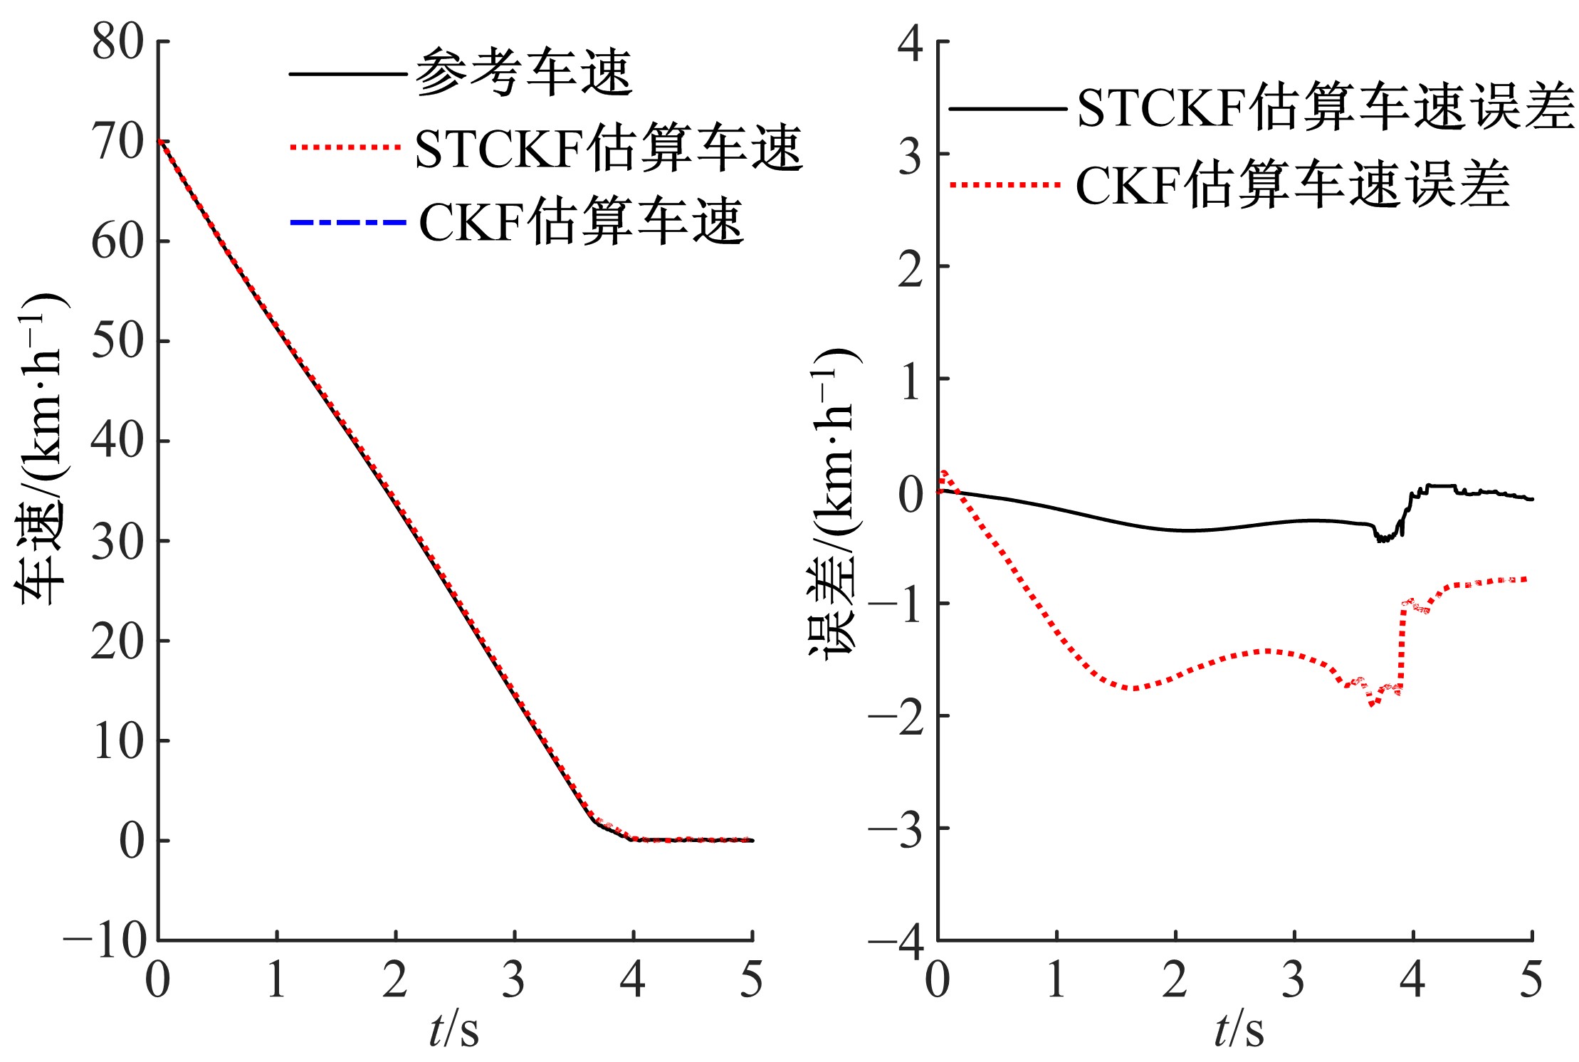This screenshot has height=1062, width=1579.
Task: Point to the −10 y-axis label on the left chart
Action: click(105, 940)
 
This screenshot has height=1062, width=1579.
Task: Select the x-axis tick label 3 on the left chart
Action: click(513, 979)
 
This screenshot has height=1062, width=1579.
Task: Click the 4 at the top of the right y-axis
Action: click(911, 43)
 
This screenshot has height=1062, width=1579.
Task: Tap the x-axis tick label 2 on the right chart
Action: click(1175, 979)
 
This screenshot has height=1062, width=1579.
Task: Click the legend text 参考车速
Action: click(524, 73)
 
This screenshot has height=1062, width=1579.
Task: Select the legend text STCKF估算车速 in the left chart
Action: click(609, 148)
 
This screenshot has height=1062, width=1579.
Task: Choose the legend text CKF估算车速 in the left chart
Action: click(581, 222)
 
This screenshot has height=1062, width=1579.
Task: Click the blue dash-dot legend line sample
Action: click(347, 223)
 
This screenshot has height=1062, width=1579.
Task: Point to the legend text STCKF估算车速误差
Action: click(1326, 108)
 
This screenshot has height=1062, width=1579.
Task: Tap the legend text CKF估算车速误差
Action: click(1292, 184)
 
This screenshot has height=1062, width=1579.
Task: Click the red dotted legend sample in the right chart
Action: click(1005, 185)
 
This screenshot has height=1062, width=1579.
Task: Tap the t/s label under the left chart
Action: click(454, 1029)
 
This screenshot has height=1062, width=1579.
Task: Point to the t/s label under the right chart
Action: click(1239, 1029)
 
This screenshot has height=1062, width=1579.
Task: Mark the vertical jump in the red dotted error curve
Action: click(1401, 648)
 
